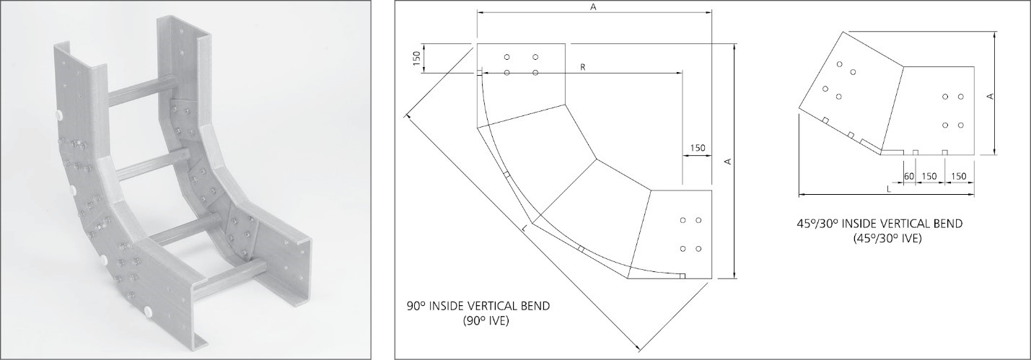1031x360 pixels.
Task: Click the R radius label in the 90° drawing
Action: tap(582, 66)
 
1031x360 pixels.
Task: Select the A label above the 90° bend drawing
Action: tap(593, 6)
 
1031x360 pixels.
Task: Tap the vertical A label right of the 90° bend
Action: tap(729, 161)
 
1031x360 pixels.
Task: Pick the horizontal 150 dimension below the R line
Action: tap(697, 148)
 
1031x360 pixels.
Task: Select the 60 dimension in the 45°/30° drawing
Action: tap(909, 176)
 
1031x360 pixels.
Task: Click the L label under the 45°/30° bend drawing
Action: tap(888, 189)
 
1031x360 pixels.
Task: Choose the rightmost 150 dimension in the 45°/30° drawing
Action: tap(959, 176)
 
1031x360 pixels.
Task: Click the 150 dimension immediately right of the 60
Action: tap(929, 176)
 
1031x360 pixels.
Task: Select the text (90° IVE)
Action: tap(487, 320)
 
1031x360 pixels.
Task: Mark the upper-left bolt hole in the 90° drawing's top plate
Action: tap(507, 57)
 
